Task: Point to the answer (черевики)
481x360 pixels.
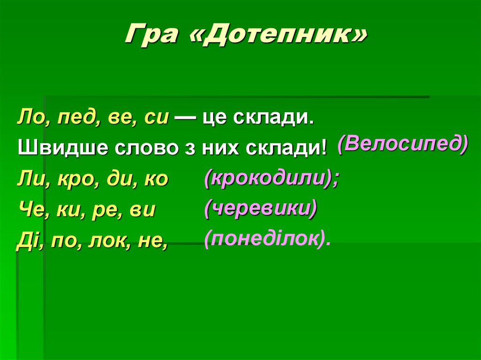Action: [x=260, y=208]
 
